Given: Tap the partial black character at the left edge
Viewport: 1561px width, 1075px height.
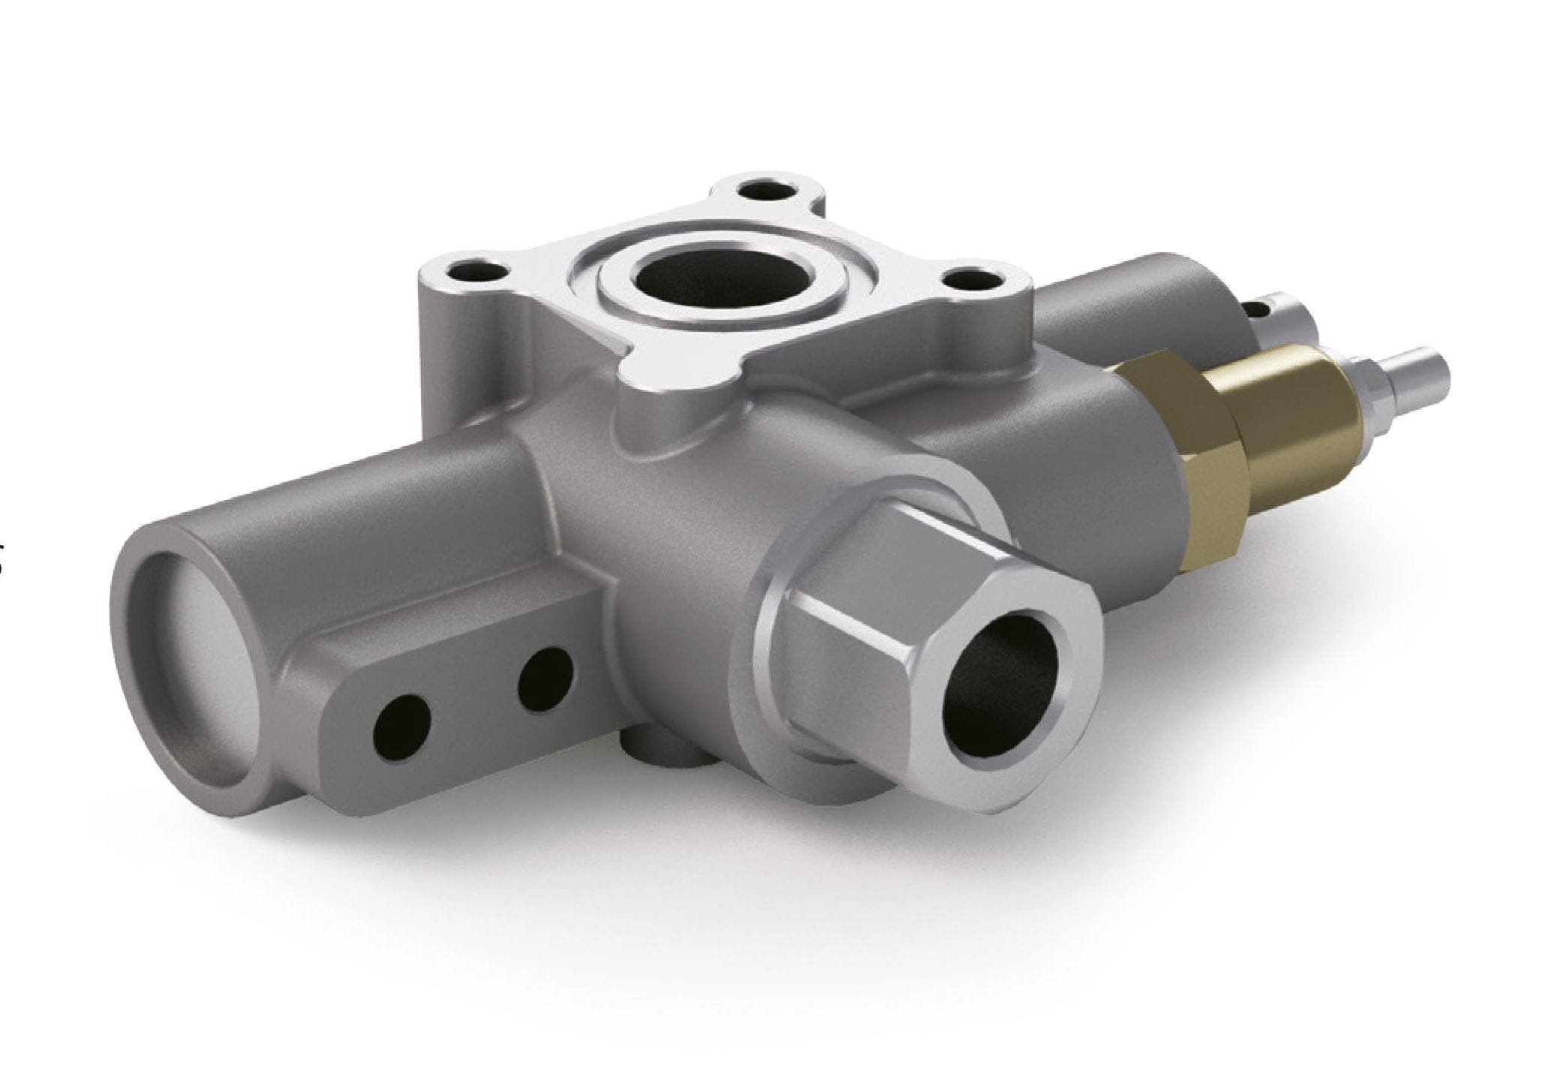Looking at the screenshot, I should [x=2, y=563].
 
